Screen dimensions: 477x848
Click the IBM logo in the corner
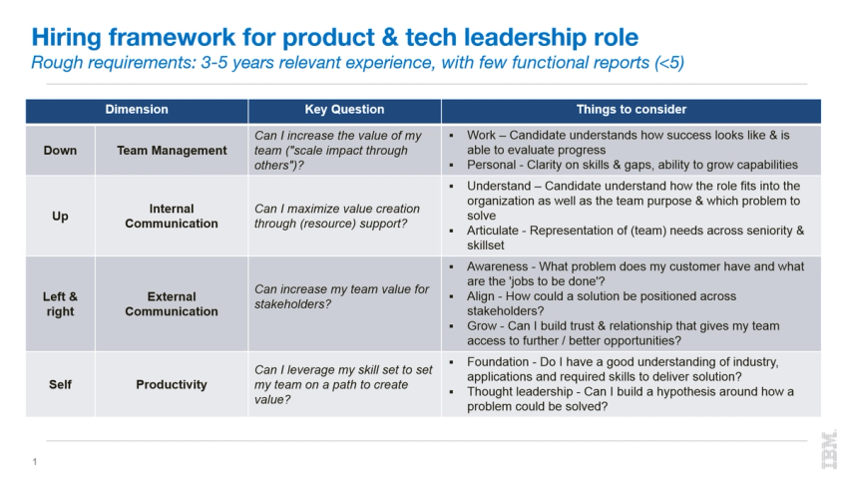click(828, 449)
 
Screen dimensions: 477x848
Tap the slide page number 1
click(35, 461)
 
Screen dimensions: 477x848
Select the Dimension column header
click(137, 110)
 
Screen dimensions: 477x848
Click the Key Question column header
click(344, 110)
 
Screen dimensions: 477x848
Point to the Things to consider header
click(631, 110)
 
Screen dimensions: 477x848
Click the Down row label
click(60, 151)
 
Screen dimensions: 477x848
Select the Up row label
click(60, 217)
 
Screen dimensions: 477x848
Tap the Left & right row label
click(60, 304)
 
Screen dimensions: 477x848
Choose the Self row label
click(60, 384)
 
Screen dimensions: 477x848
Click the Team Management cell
click(172, 151)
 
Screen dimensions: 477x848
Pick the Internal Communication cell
click(172, 217)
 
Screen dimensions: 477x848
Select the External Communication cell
click(172, 304)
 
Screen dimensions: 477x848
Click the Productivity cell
click(172, 384)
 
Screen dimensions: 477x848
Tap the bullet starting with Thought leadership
click(631, 399)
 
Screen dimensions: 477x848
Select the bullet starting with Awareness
click(636, 273)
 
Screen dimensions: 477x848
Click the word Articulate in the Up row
click(497, 231)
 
